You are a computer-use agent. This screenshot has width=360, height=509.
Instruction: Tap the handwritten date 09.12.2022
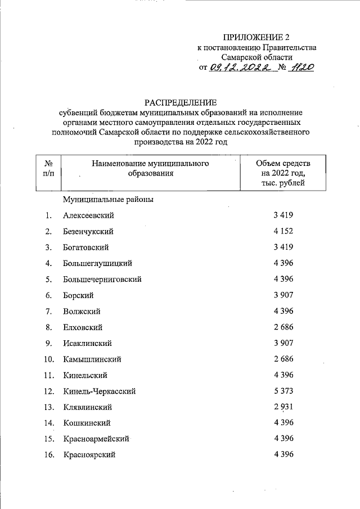click(244, 67)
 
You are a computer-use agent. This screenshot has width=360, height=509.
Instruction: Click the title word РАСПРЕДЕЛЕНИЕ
click(180, 102)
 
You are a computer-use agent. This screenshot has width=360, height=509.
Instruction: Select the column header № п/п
click(48, 168)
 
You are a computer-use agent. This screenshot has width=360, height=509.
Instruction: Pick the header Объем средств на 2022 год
click(283, 173)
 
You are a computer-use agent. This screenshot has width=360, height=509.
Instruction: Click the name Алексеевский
click(89, 215)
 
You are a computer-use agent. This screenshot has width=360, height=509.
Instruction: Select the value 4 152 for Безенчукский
click(283, 231)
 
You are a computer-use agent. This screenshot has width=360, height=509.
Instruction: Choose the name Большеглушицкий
click(98, 263)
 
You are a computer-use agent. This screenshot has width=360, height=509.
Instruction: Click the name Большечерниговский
click(102, 279)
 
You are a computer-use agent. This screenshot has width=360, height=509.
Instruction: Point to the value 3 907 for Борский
click(283, 295)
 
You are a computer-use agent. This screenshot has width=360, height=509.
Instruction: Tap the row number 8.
click(49, 327)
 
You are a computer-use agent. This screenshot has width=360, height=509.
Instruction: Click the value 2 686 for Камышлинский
click(283, 359)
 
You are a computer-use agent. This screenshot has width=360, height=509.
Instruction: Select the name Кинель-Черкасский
click(99, 391)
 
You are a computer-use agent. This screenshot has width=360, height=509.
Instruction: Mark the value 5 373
click(283, 391)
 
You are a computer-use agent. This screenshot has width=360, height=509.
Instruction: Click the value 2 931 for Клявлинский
click(283, 407)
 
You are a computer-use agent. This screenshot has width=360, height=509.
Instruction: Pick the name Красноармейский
click(96, 439)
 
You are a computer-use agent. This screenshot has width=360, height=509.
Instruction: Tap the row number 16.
click(48, 455)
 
